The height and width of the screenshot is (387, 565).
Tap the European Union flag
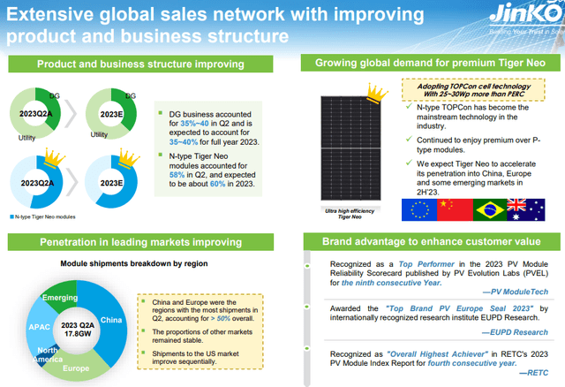418,210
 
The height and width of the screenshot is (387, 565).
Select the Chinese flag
454,210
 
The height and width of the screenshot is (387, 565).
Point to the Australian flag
526,210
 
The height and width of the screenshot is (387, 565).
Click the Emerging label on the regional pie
60,297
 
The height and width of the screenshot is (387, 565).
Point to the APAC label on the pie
41,327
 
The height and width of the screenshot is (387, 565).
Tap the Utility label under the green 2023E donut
104,135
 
